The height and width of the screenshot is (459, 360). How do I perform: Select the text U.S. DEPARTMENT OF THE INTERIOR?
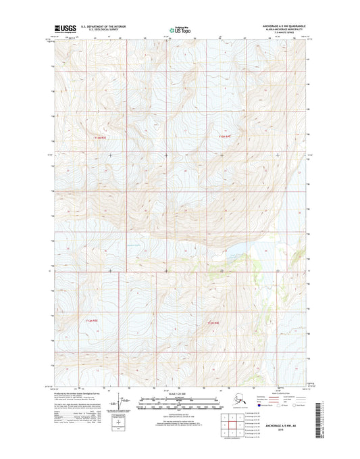click(103, 26)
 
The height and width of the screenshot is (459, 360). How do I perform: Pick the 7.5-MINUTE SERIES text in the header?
click(278, 32)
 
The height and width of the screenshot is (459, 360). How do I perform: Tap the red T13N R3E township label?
click(101, 138)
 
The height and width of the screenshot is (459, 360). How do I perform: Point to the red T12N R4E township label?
click(214, 323)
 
